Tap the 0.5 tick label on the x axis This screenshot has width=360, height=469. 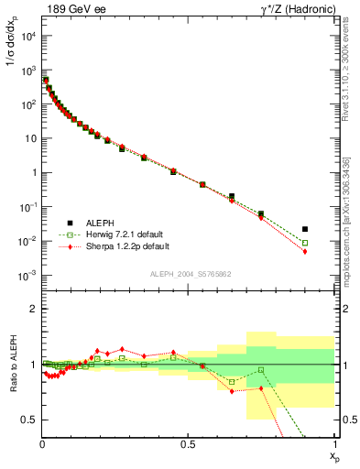coord(188,445)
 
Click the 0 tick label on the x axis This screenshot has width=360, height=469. coord(42,445)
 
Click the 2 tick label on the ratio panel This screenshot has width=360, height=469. coord(32,310)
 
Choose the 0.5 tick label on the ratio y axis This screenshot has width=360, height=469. coord(28,420)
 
